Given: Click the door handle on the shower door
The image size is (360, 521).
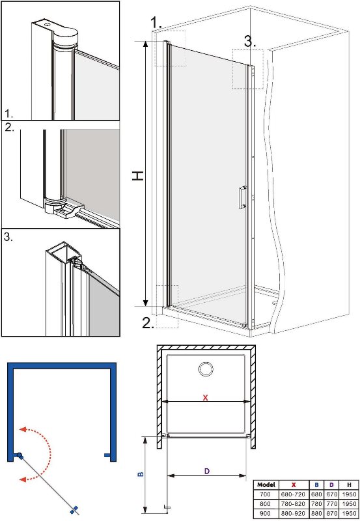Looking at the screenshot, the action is coord(242,197).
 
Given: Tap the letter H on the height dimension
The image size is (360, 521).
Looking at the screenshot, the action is coord(138,175).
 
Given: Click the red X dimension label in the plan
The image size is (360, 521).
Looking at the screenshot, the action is coord(205,397).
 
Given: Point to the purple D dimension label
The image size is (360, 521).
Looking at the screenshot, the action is coord(207,471).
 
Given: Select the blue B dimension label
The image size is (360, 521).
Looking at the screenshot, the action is coord(141,474).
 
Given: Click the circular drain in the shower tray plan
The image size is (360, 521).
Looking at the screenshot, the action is coord(206,369).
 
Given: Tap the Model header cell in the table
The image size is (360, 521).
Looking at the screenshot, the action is coord(266,485).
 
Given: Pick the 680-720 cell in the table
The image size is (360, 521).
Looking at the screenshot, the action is coord(293,495).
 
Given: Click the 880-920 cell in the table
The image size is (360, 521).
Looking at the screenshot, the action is coord(293,513).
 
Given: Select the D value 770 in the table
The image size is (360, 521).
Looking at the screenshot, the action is coord(331,504).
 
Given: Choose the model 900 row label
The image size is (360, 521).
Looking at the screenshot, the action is coord(265,513).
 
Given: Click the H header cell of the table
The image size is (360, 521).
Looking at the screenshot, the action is coord(349,485).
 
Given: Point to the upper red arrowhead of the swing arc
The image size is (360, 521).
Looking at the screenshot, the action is coord(23,429).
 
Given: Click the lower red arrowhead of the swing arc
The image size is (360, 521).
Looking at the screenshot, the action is coord(23,479).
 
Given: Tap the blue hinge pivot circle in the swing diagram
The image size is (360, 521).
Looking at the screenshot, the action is coord(20,455).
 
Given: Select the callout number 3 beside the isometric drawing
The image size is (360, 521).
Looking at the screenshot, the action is coord(250,42).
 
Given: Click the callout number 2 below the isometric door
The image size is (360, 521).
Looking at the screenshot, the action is coord(148,323).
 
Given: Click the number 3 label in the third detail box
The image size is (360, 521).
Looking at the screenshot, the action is coord(8,237).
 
